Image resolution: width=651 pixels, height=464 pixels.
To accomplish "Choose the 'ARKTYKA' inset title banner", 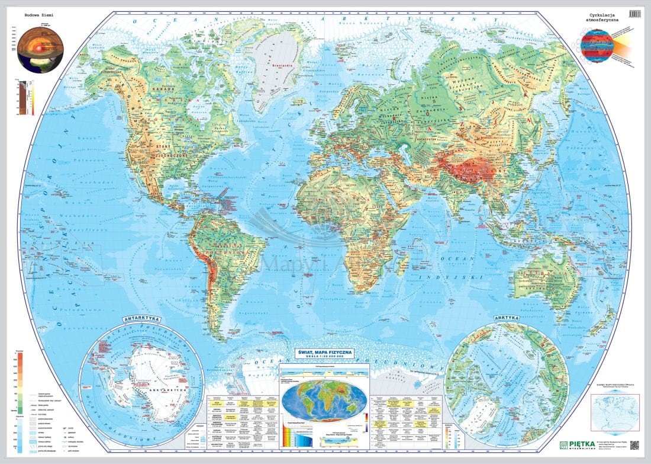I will [x=507, y=318].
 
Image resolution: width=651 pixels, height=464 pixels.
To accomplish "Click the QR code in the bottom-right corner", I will [x=635, y=446].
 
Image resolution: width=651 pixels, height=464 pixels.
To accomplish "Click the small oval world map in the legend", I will [x=323, y=401].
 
